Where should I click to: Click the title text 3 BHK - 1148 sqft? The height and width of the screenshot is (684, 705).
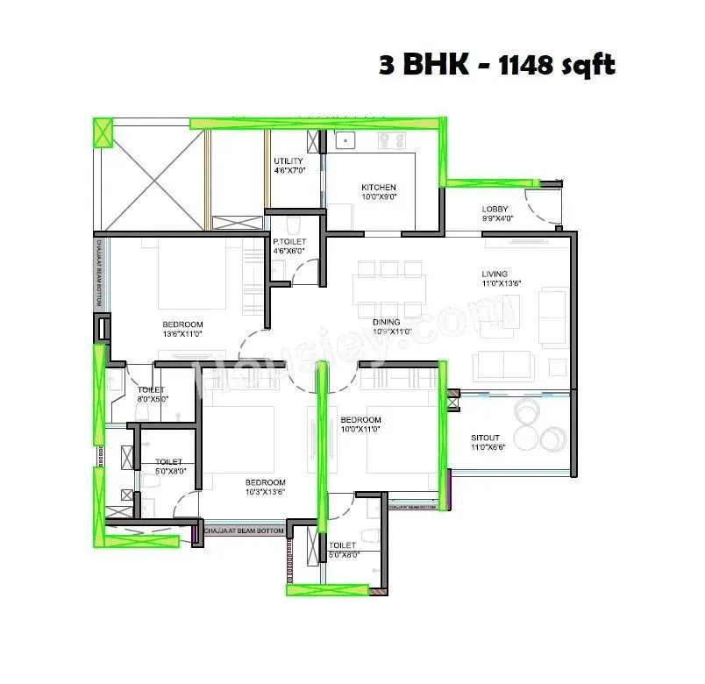497,66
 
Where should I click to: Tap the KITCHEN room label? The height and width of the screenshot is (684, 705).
379,188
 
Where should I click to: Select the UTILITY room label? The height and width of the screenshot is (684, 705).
288,161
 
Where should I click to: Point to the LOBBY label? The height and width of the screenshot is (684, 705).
496,209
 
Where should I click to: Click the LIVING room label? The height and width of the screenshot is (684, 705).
495,274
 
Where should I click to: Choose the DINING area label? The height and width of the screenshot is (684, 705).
392,322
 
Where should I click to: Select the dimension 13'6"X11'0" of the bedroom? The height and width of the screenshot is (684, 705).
182,333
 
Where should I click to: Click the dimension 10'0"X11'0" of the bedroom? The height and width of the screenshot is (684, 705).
360,430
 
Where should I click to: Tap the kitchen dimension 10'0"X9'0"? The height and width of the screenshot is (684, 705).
379,198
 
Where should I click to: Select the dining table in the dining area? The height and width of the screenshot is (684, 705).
390,287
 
